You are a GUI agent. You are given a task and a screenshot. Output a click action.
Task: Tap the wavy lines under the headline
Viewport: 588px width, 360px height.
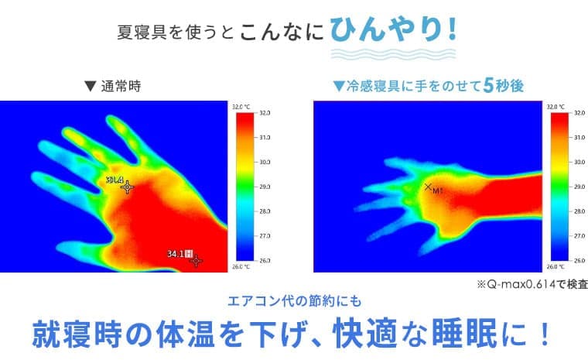[x=393, y=54]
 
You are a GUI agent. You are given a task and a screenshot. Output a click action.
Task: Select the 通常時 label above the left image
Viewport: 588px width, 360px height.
[x=121, y=87]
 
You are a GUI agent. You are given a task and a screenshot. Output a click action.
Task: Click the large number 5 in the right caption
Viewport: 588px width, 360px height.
[x=488, y=86]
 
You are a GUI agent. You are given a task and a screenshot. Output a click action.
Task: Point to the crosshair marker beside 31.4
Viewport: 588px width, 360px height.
[x=128, y=187]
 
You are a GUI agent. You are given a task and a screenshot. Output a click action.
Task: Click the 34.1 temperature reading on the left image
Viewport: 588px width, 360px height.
[x=176, y=254]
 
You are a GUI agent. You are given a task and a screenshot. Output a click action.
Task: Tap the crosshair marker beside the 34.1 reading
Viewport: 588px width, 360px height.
[x=196, y=261]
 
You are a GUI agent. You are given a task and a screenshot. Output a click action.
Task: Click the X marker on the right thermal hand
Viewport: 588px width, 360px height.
[x=428, y=187]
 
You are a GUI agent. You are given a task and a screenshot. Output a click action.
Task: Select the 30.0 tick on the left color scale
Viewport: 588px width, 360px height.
[x=265, y=162]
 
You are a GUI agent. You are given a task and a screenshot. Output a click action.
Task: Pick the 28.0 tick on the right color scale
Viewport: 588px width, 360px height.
[x=579, y=211]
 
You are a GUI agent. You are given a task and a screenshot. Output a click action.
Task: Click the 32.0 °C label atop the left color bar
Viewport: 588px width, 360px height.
[x=241, y=107]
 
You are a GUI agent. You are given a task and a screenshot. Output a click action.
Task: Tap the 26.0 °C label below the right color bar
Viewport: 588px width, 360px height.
[x=556, y=266]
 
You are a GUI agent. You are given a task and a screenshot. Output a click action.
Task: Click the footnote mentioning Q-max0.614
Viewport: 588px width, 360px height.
[x=532, y=285]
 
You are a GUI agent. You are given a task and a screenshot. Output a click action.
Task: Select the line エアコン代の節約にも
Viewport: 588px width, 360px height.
[x=295, y=301]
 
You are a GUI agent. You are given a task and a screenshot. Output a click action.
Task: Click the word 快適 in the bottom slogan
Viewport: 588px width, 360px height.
[x=365, y=334]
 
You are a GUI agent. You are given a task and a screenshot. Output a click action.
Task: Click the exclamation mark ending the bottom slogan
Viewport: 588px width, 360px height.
[x=545, y=334]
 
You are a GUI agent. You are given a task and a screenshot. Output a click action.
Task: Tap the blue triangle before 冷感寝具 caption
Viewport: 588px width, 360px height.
[x=339, y=87]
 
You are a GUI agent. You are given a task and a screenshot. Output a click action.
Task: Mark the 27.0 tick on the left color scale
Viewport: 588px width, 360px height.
[x=265, y=236]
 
